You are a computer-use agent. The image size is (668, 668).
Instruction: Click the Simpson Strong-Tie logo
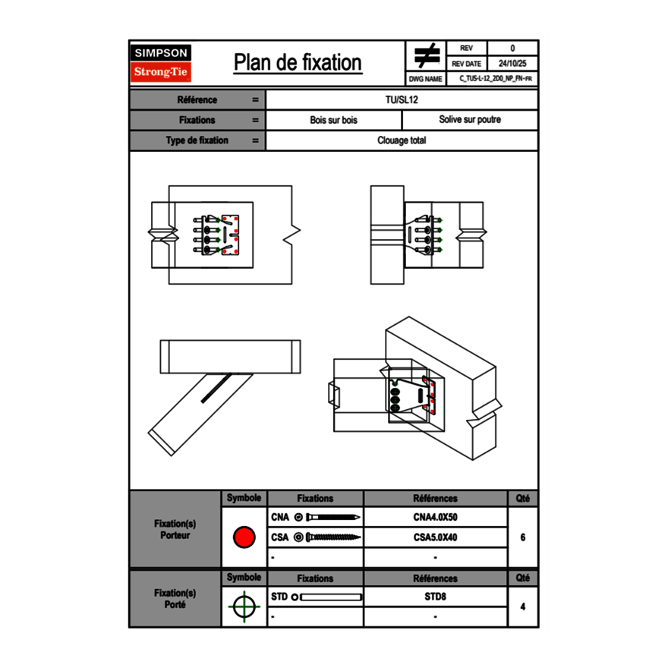click(162, 63)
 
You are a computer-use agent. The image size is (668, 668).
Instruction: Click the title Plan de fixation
click(298, 62)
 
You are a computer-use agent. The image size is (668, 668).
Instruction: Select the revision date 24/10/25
click(512, 64)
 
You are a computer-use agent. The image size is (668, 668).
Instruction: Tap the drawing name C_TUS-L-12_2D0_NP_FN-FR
click(495, 78)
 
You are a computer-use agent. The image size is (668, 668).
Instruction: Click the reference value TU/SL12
click(402, 99)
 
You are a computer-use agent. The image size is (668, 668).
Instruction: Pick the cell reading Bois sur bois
click(334, 120)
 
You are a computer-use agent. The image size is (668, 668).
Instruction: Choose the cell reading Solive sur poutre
click(470, 120)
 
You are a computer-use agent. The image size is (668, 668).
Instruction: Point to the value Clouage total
click(402, 140)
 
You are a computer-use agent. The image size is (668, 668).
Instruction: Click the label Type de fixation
click(197, 140)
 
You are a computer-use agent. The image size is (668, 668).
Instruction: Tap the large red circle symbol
click(244, 537)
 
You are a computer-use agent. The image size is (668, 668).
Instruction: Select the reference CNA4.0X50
click(435, 518)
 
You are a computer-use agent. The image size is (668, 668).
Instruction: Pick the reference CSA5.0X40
click(435, 537)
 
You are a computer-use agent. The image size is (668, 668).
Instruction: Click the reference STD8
click(435, 597)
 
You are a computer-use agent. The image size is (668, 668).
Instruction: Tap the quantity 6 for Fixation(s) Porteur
click(523, 537)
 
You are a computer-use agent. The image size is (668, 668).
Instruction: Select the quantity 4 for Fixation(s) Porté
click(523, 607)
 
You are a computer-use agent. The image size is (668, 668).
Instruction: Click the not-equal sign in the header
click(427, 55)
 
